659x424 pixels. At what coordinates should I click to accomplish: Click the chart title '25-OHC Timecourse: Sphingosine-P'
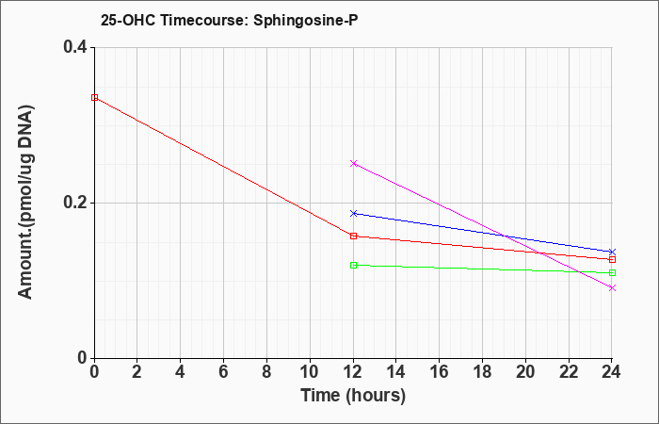[x=229, y=20]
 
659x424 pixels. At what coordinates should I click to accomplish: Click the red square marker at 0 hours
[x=94, y=98]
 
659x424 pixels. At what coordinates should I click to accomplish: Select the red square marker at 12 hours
[x=353, y=236]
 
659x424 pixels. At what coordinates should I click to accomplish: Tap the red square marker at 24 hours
[x=612, y=259]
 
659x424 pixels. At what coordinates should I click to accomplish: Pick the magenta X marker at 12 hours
[x=353, y=163]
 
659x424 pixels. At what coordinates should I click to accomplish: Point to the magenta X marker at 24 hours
[x=612, y=287]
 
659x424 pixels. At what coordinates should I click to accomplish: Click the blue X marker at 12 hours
[x=353, y=213]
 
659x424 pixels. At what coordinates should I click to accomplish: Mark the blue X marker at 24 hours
[x=612, y=252]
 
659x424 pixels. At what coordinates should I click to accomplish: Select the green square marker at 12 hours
[x=353, y=265]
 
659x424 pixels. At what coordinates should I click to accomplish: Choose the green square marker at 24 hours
[x=612, y=272]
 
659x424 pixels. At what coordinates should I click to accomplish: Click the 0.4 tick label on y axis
[x=75, y=47]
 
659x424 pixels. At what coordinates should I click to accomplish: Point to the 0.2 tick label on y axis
[x=75, y=203]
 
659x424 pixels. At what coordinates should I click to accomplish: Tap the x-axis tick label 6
[x=224, y=372]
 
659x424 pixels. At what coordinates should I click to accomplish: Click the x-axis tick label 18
[x=482, y=372]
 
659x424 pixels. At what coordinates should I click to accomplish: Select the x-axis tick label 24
[x=612, y=372]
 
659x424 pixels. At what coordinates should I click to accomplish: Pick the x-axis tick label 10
[x=310, y=372]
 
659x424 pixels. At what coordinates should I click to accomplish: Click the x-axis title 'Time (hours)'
[x=353, y=396]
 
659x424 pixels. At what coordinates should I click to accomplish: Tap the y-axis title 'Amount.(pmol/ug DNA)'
[x=25, y=202]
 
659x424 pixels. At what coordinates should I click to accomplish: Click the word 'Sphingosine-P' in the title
[x=306, y=20]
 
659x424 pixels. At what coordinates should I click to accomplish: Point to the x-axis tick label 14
[x=396, y=372]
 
